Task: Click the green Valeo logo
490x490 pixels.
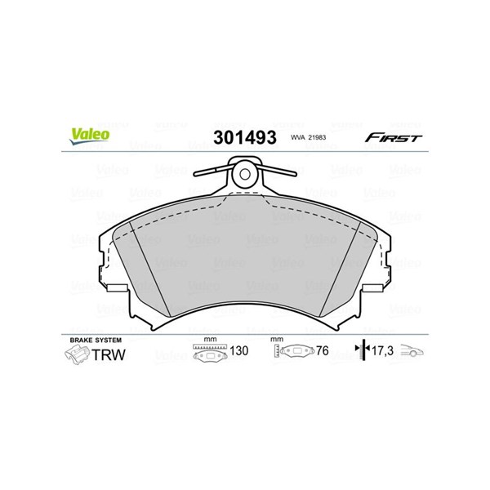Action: pos(90,136)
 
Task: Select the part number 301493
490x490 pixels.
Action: pos(245,137)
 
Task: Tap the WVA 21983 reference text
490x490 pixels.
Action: pos(308,137)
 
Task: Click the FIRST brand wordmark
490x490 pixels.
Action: pos(394,138)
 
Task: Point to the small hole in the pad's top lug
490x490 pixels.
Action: pos(245,175)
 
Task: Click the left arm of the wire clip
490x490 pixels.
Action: pos(213,171)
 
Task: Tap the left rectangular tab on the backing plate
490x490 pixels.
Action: pos(117,287)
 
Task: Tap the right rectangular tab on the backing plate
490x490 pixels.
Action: pos(372,287)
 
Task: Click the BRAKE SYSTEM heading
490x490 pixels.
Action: pos(96,340)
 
